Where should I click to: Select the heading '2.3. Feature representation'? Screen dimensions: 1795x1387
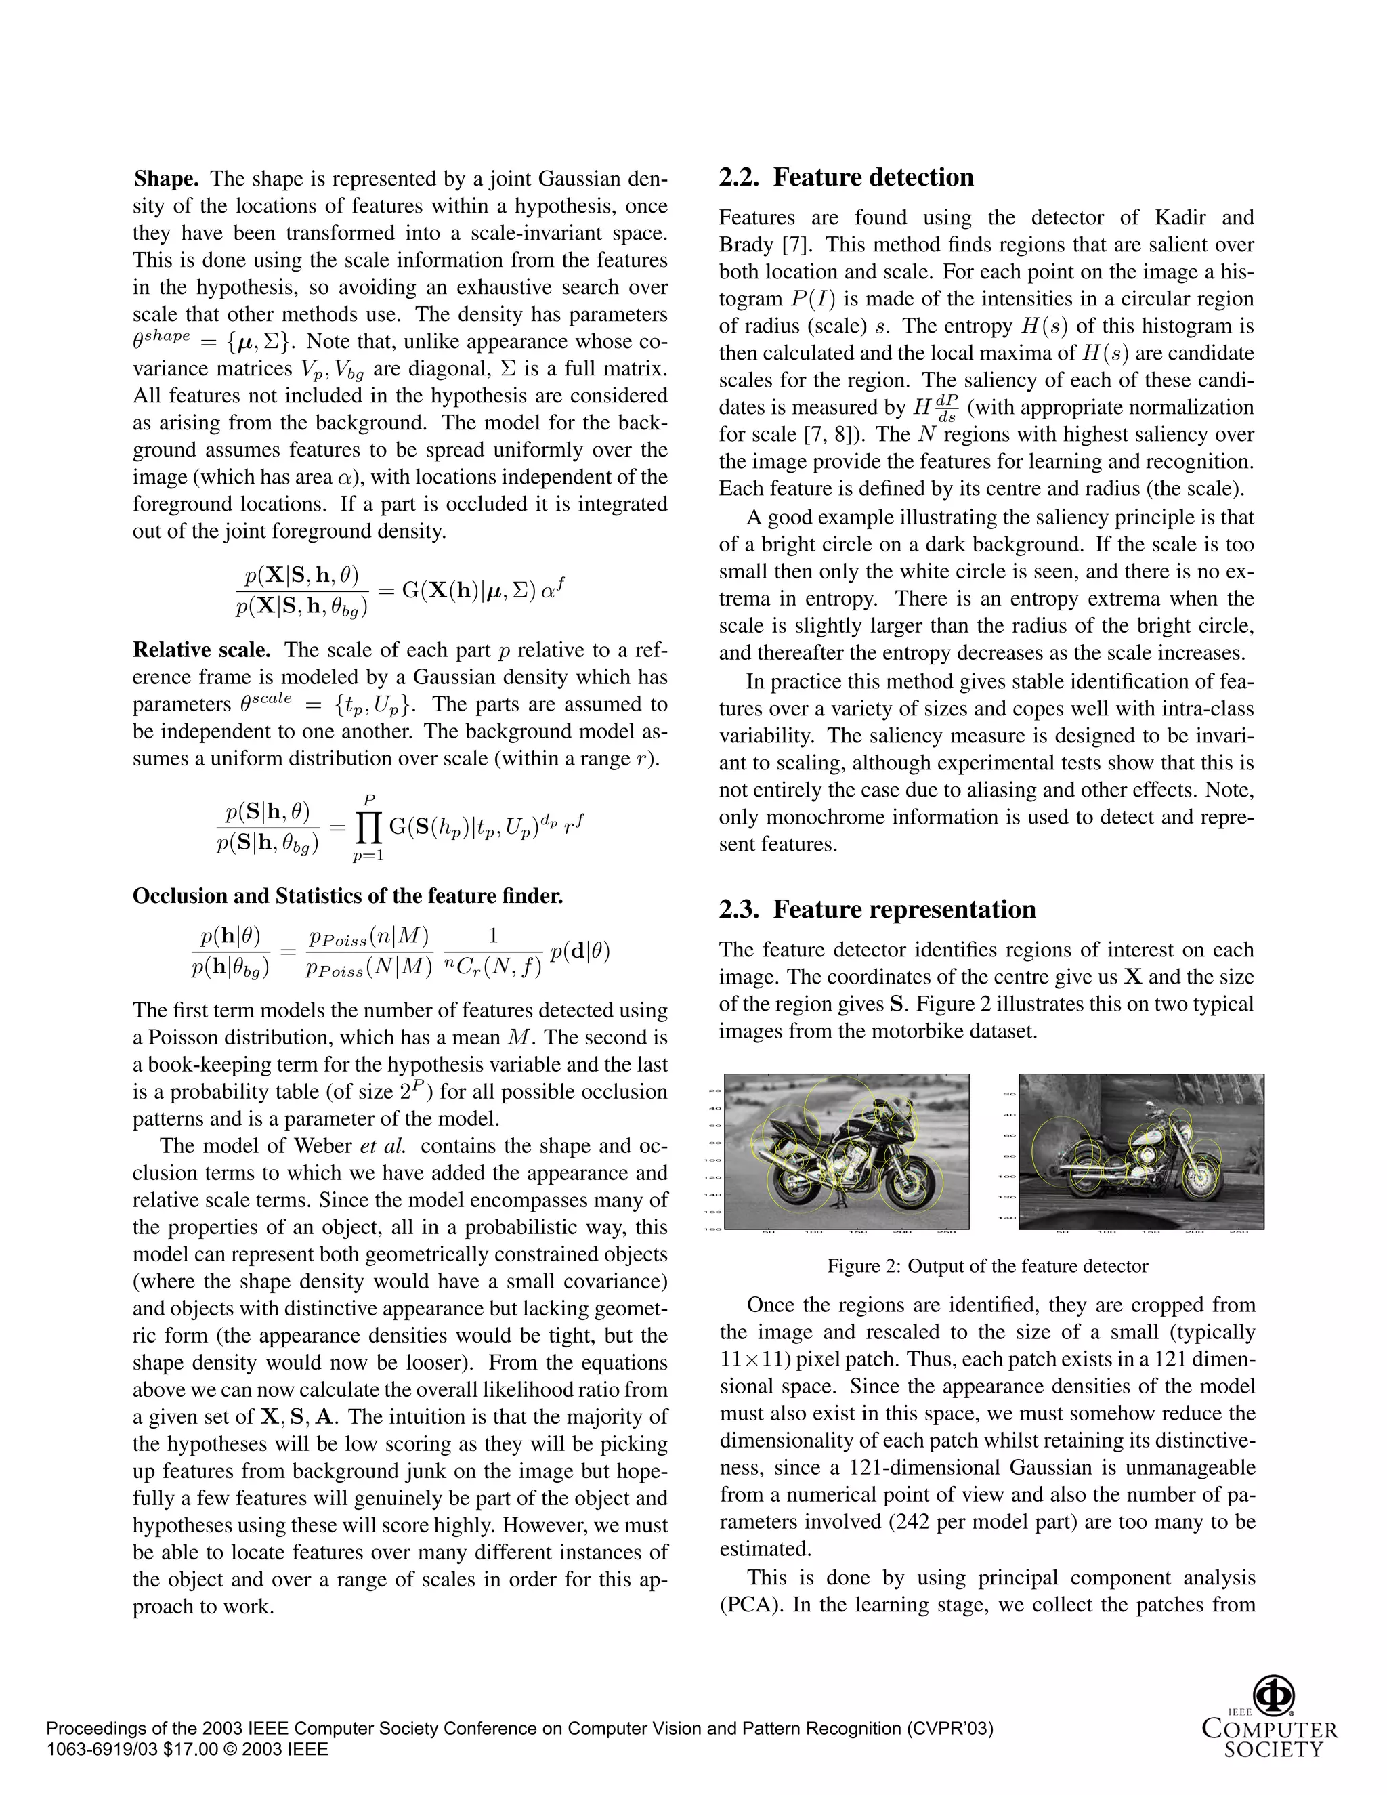pos(877,910)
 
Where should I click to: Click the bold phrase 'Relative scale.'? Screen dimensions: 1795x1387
pos(201,650)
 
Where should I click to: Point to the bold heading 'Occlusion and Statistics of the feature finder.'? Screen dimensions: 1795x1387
pos(347,896)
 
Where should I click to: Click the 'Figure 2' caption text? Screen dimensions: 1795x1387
pos(987,1267)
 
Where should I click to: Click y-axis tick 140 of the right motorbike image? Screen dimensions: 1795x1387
pos(1009,1218)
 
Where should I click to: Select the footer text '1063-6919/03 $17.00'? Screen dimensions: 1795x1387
pos(131,1749)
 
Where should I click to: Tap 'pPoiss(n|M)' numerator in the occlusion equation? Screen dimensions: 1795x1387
pos(369,936)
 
